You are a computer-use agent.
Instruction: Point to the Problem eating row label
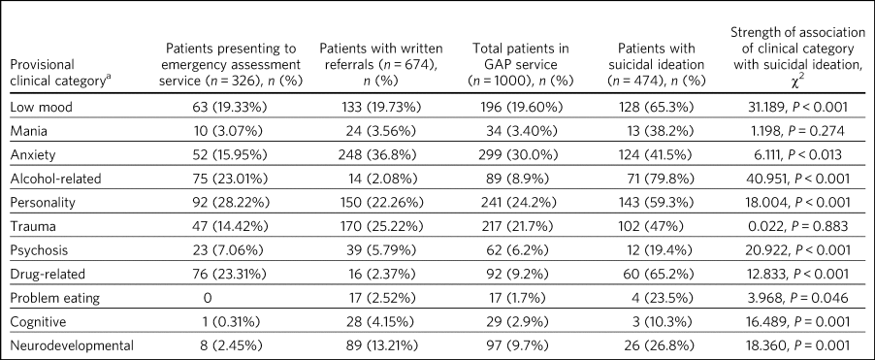point(55,298)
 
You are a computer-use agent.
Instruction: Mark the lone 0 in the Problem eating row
point(210,298)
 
